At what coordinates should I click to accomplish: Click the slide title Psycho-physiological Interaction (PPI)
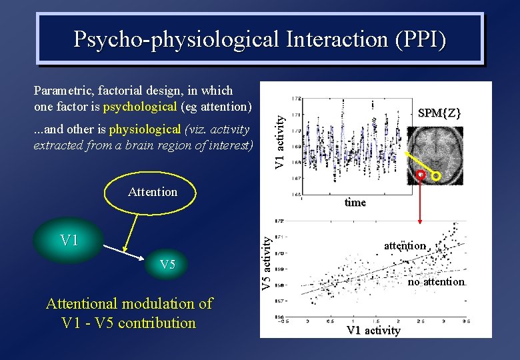coord(260,39)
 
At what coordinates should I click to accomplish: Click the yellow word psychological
coord(140,107)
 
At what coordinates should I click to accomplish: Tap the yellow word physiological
coord(145,129)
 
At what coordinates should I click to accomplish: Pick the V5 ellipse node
coord(167,265)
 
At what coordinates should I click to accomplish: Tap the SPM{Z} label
coord(439,113)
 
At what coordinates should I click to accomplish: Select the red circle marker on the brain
coord(421,175)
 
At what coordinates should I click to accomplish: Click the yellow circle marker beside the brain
coord(437,177)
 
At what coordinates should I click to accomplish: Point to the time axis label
coord(355,203)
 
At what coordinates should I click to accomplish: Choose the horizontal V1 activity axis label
coord(373,330)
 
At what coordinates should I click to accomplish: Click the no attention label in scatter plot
coord(436,282)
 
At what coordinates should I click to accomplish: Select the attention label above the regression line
coord(404,246)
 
